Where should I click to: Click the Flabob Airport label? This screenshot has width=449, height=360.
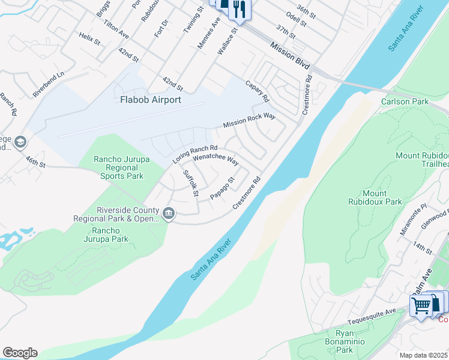tap(150, 100)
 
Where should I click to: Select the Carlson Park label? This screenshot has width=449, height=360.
tap(405, 101)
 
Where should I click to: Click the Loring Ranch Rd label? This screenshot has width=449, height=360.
tap(194, 154)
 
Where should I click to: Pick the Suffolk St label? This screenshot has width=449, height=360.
tap(190, 183)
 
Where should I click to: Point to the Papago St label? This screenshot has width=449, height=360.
tap(221, 188)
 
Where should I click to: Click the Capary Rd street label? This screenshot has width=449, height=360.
tap(257, 91)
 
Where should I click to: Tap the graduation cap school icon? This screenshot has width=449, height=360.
tap(20, 142)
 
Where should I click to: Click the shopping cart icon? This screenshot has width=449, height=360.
tap(421, 305)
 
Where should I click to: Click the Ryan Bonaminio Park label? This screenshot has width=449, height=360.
tap(344, 340)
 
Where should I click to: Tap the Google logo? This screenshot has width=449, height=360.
tap(20, 353)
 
